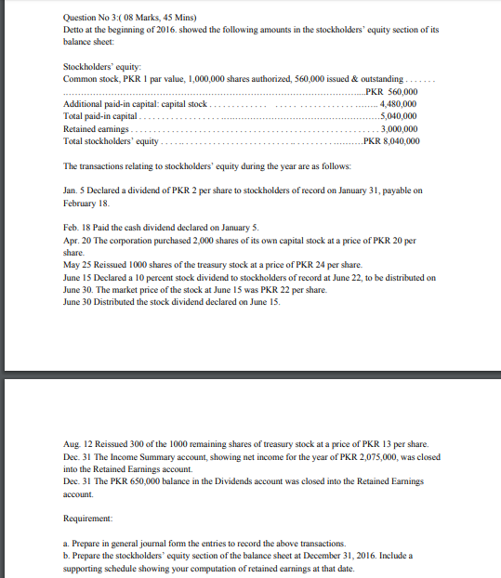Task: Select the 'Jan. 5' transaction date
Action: tap(73, 190)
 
